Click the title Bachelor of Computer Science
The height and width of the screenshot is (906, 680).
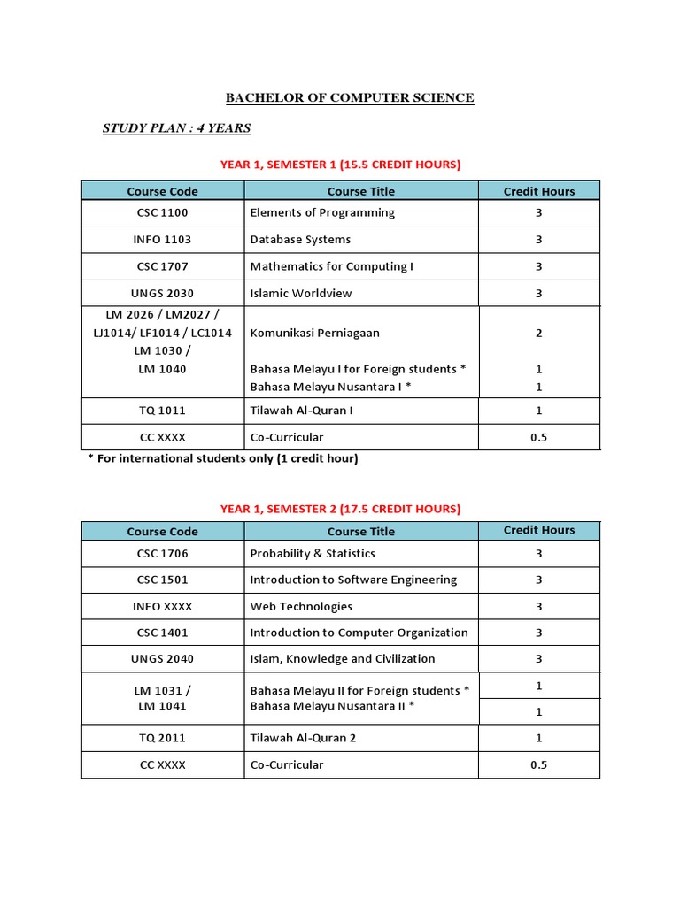pyautogui.click(x=350, y=98)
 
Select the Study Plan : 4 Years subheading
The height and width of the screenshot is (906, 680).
pyautogui.click(x=176, y=128)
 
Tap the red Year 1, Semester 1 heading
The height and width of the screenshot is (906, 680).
pyautogui.click(x=340, y=165)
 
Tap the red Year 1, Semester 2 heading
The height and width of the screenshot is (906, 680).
pyautogui.click(x=340, y=509)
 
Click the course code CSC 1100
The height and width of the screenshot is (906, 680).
pyautogui.click(x=163, y=213)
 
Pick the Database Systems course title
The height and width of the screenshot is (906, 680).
pyautogui.click(x=300, y=240)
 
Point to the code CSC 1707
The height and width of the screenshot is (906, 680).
pyautogui.click(x=163, y=266)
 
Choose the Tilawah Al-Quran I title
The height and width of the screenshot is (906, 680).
pyautogui.click(x=302, y=411)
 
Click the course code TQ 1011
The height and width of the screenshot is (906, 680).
pyautogui.click(x=163, y=411)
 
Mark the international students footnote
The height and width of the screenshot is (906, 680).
pyautogui.click(x=222, y=458)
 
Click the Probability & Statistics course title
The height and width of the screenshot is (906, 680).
pyautogui.click(x=313, y=554)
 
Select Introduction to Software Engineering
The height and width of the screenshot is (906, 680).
pyautogui.click(x=353, y=580)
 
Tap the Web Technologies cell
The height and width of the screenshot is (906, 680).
pyautogui.click(x=301, y=607)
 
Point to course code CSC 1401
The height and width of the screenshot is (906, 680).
pyautogui.click(x=163, y=633)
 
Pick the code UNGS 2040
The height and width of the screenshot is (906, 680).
pyautogui.click(x=163, y=659)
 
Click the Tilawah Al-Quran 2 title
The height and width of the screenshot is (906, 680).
pyautogui.click(x=303, y=738)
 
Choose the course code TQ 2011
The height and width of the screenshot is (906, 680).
pyautogui.click(x=163, y=738)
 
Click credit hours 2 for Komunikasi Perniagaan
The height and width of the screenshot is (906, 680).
pyautogui.click(x=538, y=334)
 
